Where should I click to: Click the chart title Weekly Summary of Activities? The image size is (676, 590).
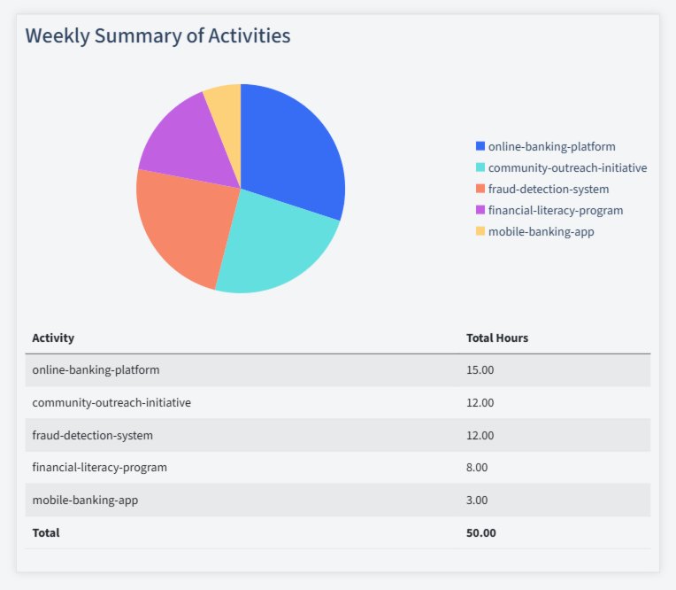(157, 35)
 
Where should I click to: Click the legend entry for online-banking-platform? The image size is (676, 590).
(551, 146)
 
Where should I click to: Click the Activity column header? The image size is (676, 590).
(53, 338)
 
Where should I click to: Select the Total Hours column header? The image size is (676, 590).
(497, 338)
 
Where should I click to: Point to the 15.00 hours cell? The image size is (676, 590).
(480, 369)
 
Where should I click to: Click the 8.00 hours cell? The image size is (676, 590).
(477, 467)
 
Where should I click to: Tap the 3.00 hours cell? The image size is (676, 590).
(477, 500)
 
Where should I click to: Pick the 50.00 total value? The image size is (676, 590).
(480, 532)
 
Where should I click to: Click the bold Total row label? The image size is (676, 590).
(46, 532)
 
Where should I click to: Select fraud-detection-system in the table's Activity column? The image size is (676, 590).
(92, 435)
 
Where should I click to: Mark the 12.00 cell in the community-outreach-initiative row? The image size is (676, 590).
(480, 402)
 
